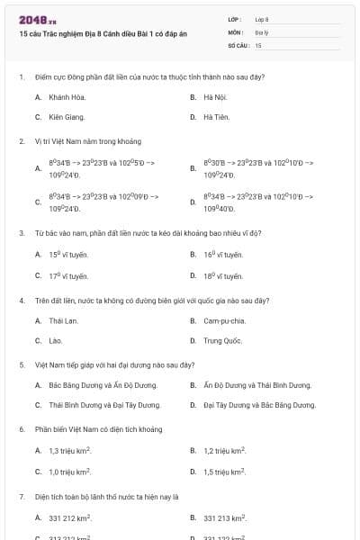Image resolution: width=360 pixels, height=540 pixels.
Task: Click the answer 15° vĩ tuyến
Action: (68, 255)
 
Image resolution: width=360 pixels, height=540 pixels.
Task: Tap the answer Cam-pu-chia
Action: (224, 320)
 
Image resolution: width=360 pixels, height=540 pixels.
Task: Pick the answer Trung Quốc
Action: (221, 341)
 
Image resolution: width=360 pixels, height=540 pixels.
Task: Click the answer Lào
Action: (56, 341)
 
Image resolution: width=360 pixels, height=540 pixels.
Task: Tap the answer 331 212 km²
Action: (71, 517)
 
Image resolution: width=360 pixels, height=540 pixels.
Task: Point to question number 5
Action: (21, 365)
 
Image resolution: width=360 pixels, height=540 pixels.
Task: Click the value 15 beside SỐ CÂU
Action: (258, 44)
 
